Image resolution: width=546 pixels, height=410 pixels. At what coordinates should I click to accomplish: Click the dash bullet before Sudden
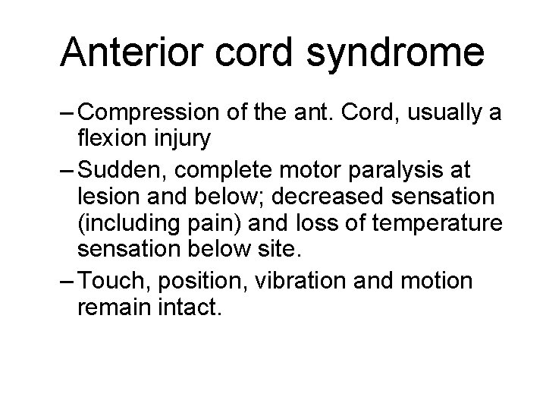click(65, 168)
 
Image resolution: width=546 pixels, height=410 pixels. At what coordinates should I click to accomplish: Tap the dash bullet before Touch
click(65, 280)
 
